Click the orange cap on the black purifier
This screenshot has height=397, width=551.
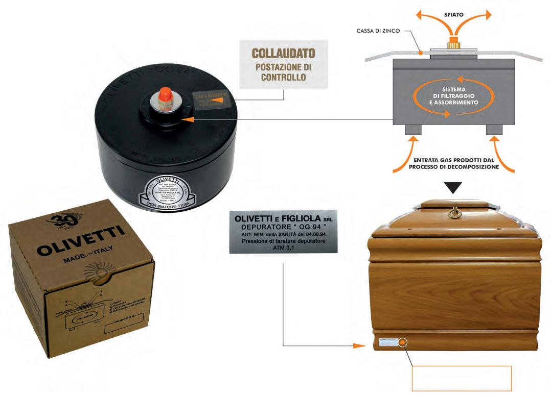coord(165,94)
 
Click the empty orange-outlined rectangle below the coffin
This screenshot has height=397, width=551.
coord(461,378)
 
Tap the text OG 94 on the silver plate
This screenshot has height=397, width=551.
coord(290,226)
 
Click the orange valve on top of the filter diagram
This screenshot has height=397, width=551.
coord(452,42)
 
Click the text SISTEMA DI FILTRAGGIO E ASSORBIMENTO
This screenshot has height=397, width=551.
coord(446,95)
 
